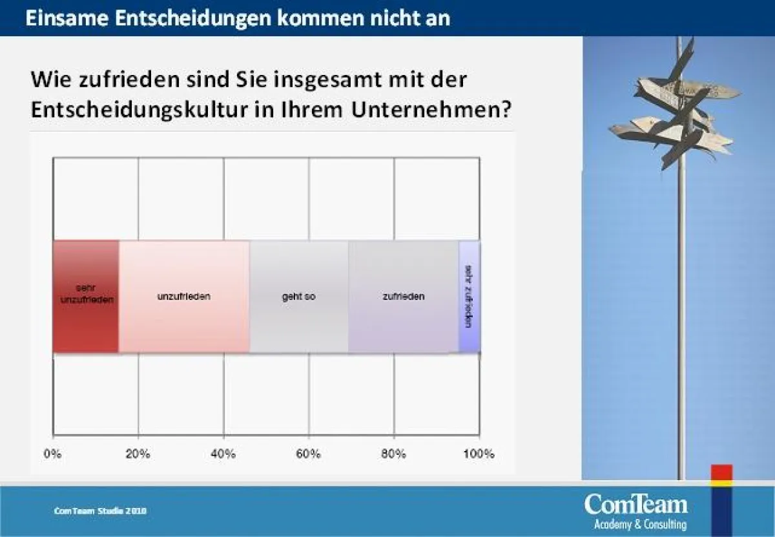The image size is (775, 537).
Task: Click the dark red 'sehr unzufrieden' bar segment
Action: point(86,297)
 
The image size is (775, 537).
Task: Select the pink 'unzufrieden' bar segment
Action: point(184,297)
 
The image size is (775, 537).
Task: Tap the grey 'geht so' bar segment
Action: point(298,297)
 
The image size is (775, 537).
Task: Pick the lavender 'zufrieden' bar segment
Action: point(403,297)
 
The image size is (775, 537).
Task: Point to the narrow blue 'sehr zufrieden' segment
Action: point(470,297)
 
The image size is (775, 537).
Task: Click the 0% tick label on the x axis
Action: point(53,454)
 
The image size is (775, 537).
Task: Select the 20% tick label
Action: point(138,454)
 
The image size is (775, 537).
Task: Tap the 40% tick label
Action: point(223,454)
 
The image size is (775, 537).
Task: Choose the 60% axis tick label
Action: point(309,454)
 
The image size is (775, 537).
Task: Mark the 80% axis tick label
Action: point(394,454)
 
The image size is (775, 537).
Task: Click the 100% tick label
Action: point(479,454)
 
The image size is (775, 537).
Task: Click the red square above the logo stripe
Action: point(721,472)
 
